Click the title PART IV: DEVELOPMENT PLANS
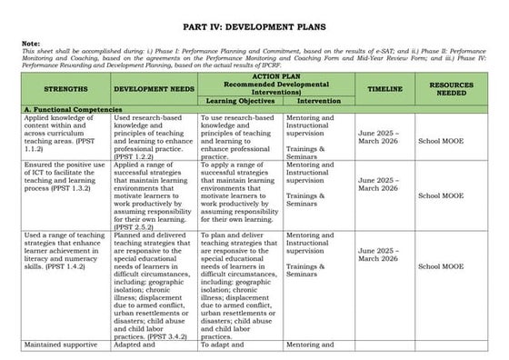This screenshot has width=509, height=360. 254,27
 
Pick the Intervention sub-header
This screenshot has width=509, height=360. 319,101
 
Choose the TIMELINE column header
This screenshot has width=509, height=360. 384,89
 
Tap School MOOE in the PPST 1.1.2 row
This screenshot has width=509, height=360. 441,142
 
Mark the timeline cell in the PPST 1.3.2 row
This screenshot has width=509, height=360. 383,190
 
